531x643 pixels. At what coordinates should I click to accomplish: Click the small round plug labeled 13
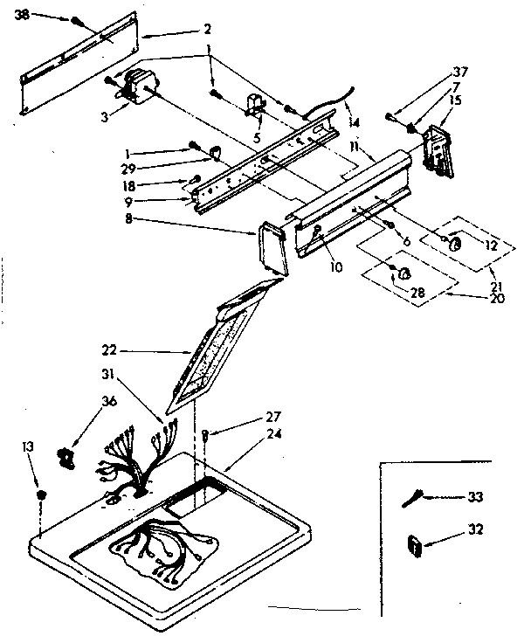coord(41,495)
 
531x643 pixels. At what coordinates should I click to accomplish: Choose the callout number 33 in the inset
coord(475,497)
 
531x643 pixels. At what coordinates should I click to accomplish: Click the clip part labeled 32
coord(414,546)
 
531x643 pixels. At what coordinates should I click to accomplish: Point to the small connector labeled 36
coord(66,453)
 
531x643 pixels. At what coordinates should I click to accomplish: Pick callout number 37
coord(459,72)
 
